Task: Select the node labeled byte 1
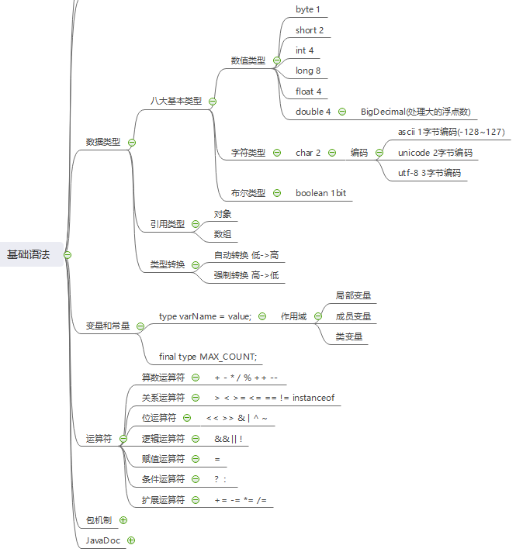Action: pos(308,9)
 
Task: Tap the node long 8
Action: pos(308,71)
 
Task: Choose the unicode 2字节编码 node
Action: pos(435,153)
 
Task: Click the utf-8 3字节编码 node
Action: pos(429,173)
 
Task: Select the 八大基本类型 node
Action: pos(176,101)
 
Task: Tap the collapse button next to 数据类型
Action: pos(132,143)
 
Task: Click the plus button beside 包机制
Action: pos(123,520)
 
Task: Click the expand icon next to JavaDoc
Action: pos(131,540)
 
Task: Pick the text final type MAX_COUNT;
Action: pos(207,357)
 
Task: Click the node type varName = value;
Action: pos(205,316)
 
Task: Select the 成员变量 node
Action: pos(353,316)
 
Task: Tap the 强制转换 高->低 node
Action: pos(246,275)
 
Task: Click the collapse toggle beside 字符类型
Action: pos(277,153)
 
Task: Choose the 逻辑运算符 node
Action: pos(163,439)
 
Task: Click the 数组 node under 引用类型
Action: pos(223,234)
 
